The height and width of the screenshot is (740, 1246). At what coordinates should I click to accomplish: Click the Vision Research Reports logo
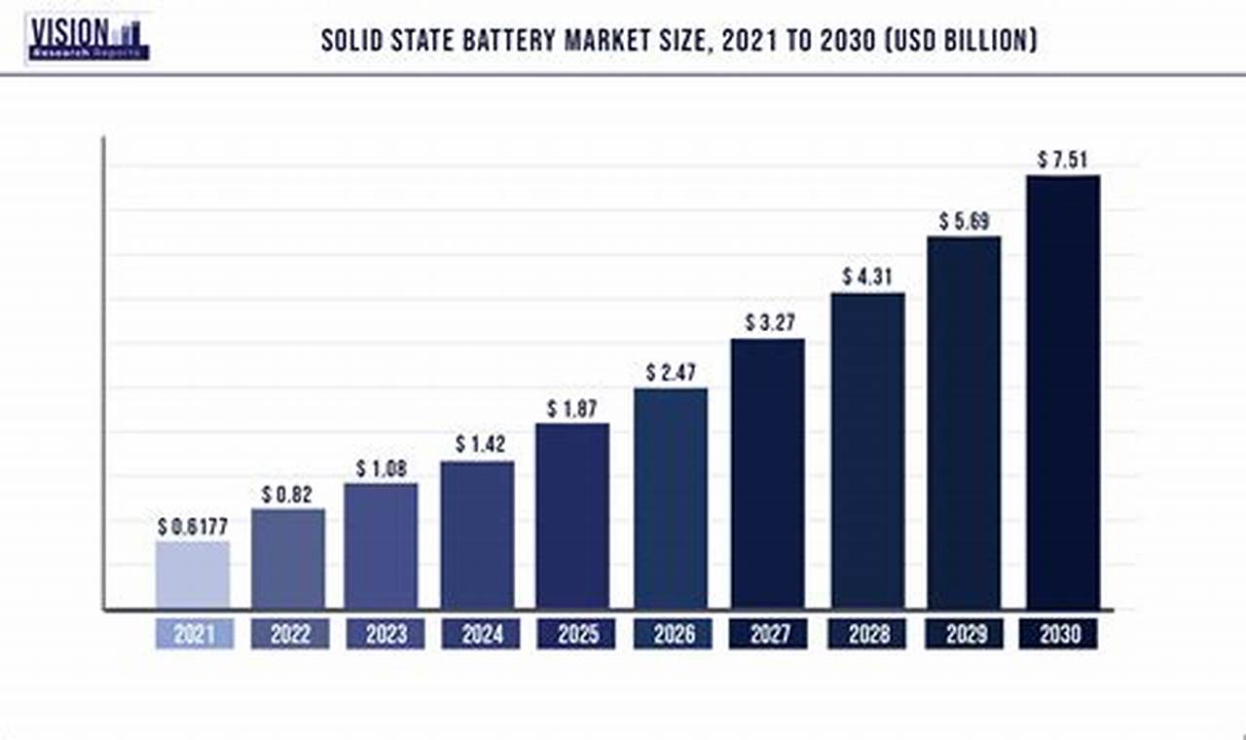tap(89, 38)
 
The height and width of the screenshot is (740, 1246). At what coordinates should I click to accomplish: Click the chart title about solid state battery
tap(678, 41)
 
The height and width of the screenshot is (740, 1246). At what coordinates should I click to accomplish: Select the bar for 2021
tap(193, 575)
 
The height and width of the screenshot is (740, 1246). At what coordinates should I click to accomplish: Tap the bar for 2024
tap(477, 536)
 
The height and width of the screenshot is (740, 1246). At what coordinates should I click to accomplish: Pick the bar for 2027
tap(768, 474)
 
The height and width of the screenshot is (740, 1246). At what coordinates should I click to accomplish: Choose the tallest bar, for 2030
tap(1063, 392)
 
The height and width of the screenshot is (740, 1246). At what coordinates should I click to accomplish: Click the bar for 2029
tap(964, 423)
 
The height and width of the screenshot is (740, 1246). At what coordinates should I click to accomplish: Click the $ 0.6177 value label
tap(193, 527)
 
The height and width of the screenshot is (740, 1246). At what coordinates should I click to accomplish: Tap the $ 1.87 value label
tap(572, 409)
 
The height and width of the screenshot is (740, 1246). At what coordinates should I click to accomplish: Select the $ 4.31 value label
tap(867, 277)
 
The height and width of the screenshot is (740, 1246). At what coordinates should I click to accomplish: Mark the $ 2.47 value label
tap(671, 373)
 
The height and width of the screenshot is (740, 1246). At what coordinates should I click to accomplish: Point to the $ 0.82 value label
tap(288, 495)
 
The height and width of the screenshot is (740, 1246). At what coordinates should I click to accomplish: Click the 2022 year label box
tap(290, 634)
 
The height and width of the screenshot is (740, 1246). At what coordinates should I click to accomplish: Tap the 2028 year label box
tap(867, 634)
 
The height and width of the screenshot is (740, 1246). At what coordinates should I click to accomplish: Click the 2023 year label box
tap(385, 634)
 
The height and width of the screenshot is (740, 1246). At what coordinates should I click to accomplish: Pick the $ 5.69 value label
tap(964, 221)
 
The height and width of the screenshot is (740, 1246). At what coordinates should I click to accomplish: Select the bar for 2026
tap(671, 499)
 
